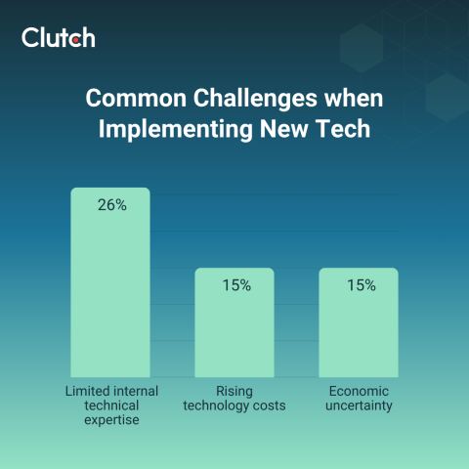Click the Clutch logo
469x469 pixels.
pyautogui.click(x=59, y=38)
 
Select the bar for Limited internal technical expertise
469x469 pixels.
pyautogui.click(x=109, y=283)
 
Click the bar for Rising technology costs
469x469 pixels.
pyautogui.click(x=234, y=322)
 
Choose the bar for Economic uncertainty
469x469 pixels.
pyautogui.click(x=359, y=322)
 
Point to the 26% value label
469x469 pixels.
pyautogui.click(x=110, y=205)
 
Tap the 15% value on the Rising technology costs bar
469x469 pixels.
pyautogui.click(x=234, y=285)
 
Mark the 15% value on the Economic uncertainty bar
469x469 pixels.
pyautogui.click(x=359, y=285)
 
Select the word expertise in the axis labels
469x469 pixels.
pyautogui.click(x=109, y=421)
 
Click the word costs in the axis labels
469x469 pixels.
pyautogui.click(x=270, y=405)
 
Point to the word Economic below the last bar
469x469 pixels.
pyautogui.click(x=359, y=390)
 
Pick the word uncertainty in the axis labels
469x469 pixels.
pyautogui.click(x=359, y=405)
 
